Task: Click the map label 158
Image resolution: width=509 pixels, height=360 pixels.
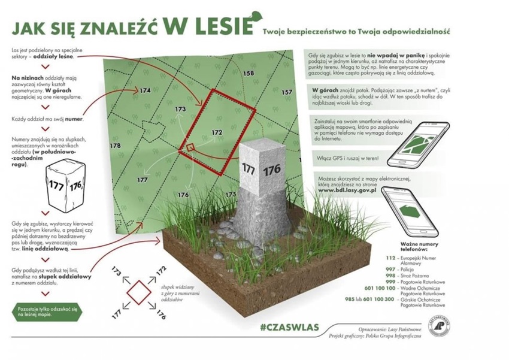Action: (249, 74)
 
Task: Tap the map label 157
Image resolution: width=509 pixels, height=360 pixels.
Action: (287, 92)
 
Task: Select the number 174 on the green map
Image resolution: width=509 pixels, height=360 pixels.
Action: (144, 90)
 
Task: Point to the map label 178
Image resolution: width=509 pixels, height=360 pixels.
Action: (116, 146)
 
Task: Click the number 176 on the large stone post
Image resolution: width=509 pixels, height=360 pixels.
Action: (272, 170)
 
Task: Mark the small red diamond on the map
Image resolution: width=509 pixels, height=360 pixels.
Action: (190, 147)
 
